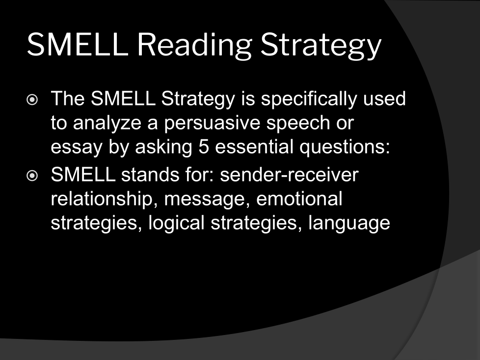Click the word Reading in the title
pos(194,45)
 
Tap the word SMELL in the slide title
pos(78,45)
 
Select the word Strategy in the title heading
pos(321,45)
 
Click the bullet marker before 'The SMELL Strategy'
pos(32,100)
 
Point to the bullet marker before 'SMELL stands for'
pos(32,176)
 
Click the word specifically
pos(309,100)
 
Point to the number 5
pos(204,147)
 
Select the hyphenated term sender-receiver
pos(289,175)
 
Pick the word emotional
pos(299,199)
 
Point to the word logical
pos(176,223)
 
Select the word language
pos(349,223)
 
